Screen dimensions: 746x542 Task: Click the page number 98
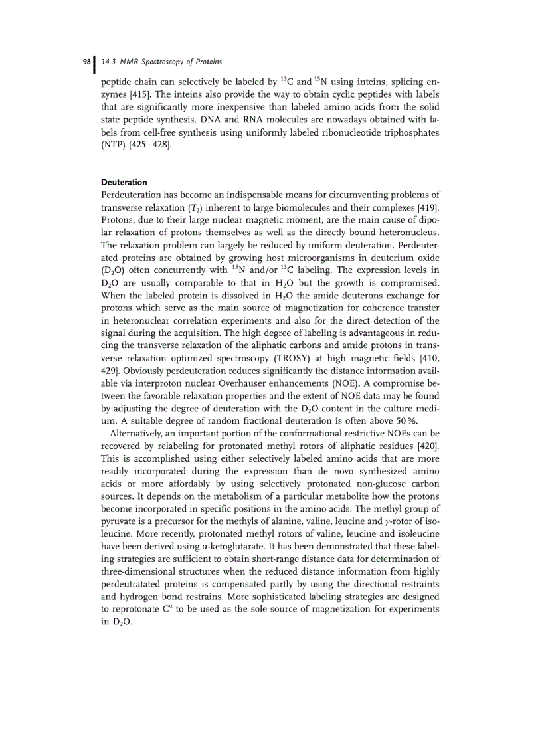tap(86, 62)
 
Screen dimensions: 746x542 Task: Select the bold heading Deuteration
tap(124, 182)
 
